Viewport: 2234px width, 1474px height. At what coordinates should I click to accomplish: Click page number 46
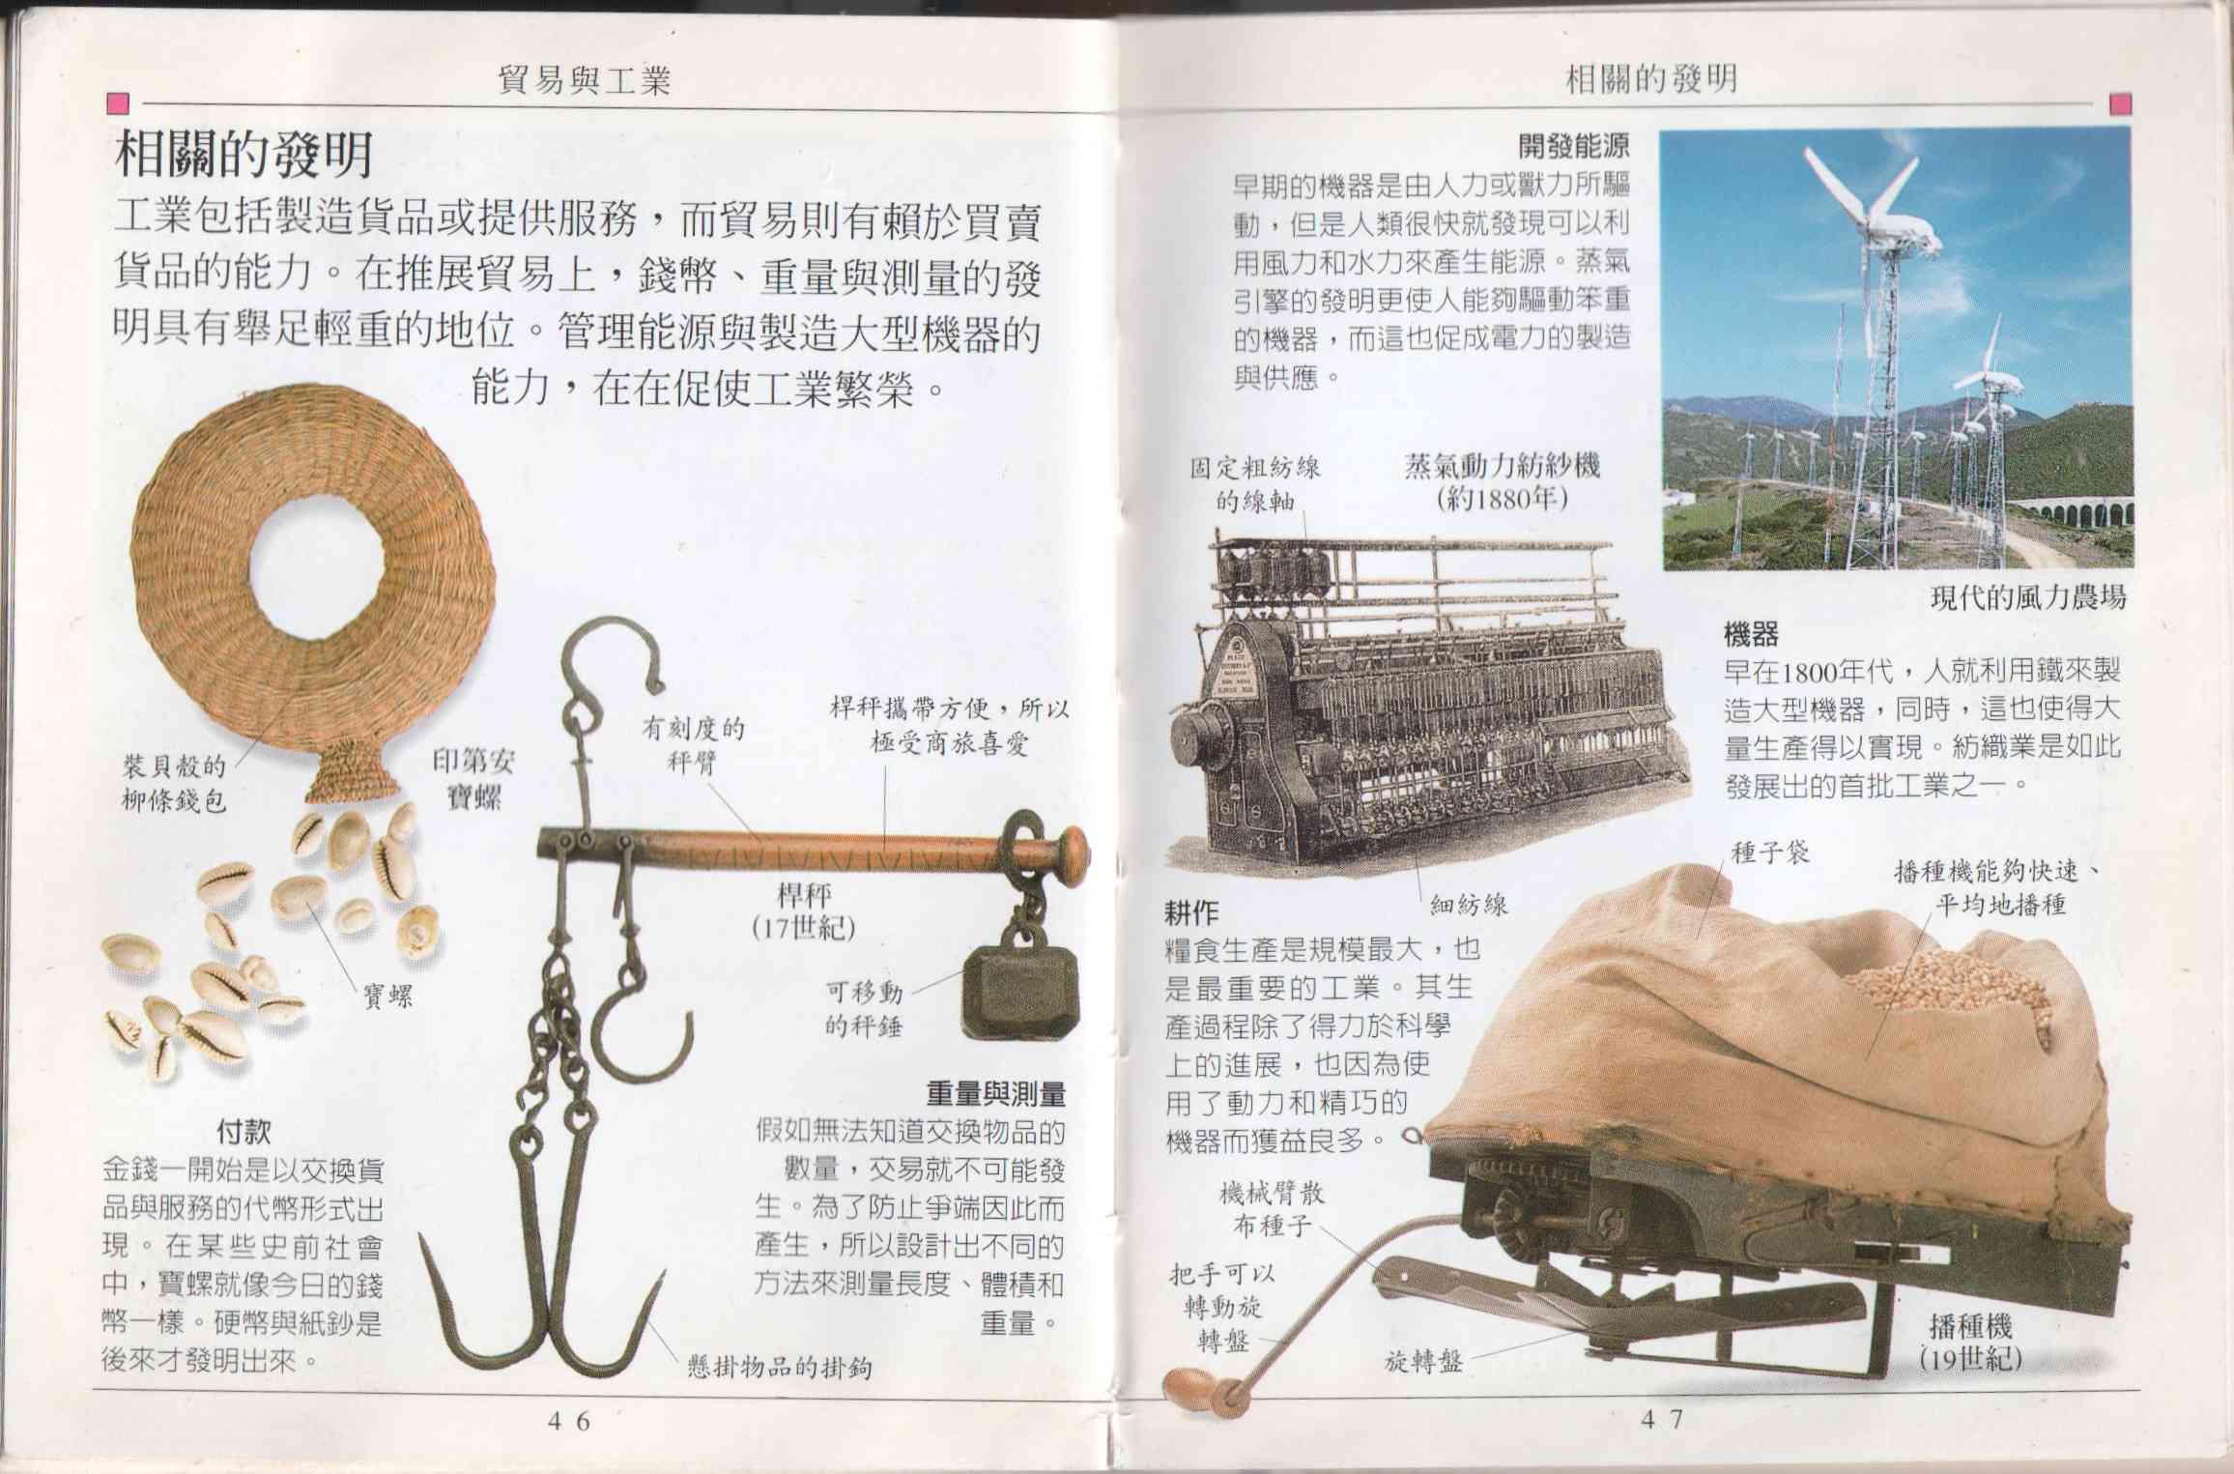[x=568, y=1420]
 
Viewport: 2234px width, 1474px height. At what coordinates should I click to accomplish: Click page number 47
[x=1662, y=1419]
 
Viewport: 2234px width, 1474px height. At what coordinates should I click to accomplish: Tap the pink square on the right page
[x=2121, y=103]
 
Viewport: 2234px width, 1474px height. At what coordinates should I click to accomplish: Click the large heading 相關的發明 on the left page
[x=244, y=155]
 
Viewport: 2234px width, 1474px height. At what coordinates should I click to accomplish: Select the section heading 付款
[x=243, y=1131]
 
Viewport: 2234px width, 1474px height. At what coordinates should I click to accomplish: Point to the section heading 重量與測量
[x=995, y=1093]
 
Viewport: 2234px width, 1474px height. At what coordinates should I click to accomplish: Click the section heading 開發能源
[x=1574, y=146]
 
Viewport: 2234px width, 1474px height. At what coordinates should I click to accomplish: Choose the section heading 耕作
[x=1192, y=910]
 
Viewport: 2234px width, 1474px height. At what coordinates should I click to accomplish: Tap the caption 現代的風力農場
[x=2028, y=597]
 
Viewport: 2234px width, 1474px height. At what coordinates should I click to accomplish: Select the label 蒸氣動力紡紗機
[x=1502, y=466]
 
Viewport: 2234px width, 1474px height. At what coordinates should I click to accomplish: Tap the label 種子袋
[x=1769, y=853]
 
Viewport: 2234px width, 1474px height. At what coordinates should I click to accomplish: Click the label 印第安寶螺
[x=473, y=779]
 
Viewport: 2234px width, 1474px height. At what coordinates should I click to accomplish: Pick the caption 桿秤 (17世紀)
[x=803, y=910]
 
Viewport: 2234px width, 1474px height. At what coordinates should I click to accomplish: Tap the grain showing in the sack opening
[x=1942, y=991]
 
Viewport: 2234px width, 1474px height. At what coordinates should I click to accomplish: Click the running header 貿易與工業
[x=584, y=79]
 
